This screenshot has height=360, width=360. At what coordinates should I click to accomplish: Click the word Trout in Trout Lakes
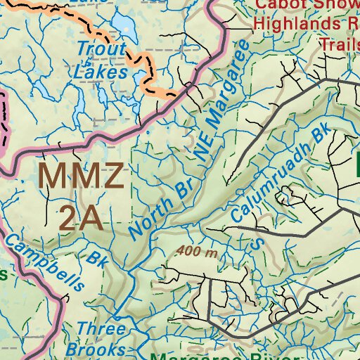click(101, 50)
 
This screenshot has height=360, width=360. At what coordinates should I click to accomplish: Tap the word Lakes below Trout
click(103, 71)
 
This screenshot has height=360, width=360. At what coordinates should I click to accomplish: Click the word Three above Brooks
click(101, 329)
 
